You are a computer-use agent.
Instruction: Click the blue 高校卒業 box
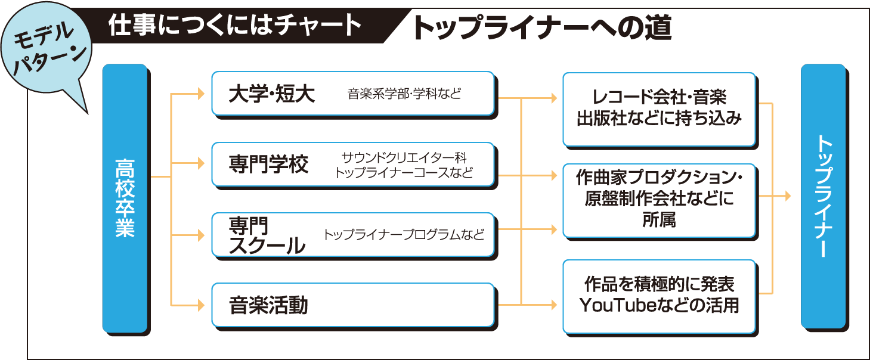(125, 197)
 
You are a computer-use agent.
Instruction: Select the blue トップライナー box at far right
(823, 196)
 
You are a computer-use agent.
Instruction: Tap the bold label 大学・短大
(271, 94)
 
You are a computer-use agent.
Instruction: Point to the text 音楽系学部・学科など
(404, 94)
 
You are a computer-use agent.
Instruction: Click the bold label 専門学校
(269, 165)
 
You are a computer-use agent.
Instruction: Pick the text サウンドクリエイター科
(404, 157)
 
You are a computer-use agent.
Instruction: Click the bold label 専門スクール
(266, 236)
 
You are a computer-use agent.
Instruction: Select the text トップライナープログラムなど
(404, 235)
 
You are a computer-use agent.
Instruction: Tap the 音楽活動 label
(268, 306)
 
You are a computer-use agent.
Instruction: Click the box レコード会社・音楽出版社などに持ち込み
(659, 108)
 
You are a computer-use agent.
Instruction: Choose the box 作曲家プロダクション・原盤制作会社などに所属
(659, 199)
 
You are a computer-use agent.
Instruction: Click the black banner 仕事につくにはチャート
(236, 26)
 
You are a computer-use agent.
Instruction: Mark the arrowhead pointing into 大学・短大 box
(201, 94)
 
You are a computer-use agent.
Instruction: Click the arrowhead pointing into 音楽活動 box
(201, 306)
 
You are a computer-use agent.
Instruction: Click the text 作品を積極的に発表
(659, 283)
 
